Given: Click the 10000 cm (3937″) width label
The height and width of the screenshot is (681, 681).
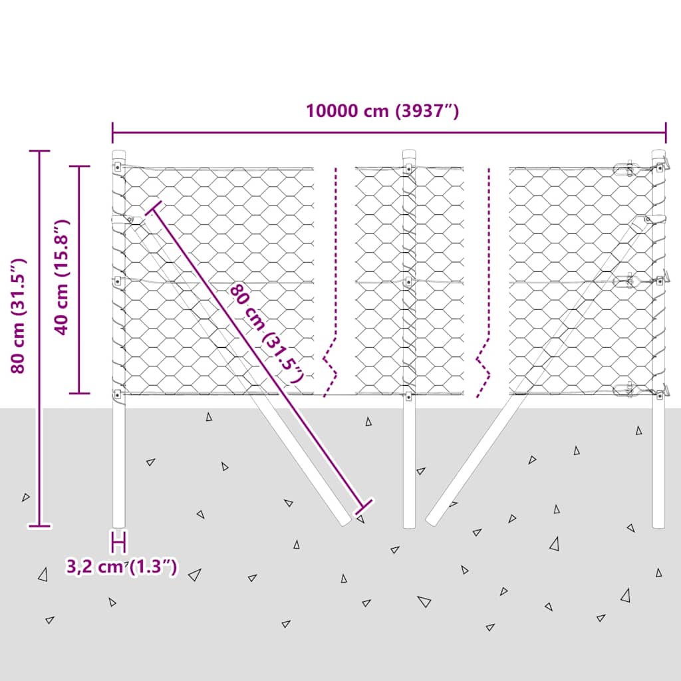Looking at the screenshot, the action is tap(382, 111).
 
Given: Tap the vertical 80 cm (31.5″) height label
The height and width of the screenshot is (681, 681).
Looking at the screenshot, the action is tap(18, 316).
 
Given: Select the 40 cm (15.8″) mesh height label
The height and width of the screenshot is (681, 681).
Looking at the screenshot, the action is tap(61, 277).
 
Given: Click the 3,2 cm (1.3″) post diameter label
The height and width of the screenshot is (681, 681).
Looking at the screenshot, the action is tap(122, 567).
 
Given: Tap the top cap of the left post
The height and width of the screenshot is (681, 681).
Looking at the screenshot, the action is tap(118, 154).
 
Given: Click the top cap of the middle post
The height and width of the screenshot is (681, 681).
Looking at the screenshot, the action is tap(409, 154).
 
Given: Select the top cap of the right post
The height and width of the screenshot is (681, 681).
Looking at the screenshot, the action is tap(658, 154).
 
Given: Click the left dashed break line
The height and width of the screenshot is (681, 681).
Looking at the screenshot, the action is tap(333, 282).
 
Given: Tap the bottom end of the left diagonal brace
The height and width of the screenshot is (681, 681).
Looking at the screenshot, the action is tap(346, 521).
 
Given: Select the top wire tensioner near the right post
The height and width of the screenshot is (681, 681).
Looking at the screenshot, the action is tap(626, 168).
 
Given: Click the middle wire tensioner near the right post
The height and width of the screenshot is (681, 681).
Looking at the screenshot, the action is tap(626, 281).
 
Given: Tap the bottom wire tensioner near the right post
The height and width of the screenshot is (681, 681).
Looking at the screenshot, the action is tap(626, 390).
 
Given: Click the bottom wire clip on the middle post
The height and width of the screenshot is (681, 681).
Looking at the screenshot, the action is tap(409, 396).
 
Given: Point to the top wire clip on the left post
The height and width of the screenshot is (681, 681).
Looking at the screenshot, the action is tap(118, 167).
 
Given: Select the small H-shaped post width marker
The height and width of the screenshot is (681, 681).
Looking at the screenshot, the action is tap(119, 542).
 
